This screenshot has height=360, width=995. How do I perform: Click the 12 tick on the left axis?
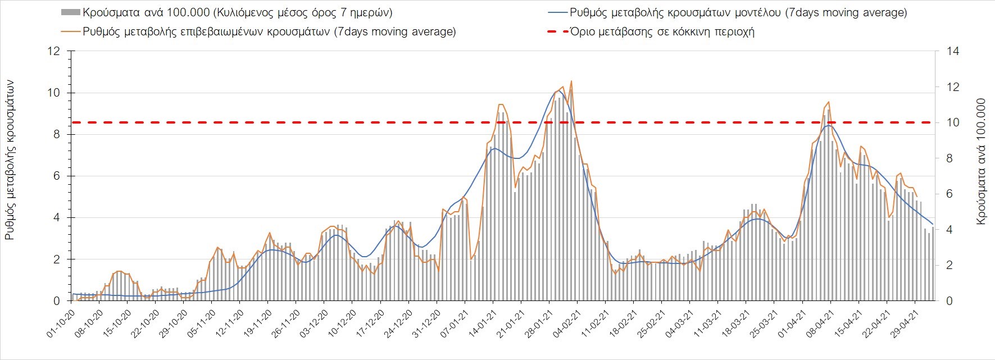[x=54, y=52]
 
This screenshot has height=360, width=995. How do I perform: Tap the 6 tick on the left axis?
[x=57, y=176]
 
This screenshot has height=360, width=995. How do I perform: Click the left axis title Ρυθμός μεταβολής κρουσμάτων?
[x=10, y=160]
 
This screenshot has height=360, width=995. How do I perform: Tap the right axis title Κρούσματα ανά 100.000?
[x=982, y=162]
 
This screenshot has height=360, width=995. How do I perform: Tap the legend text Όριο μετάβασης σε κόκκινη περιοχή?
[x=662, y=31]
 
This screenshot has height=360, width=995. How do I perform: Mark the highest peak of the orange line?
[x=571, y=81]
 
